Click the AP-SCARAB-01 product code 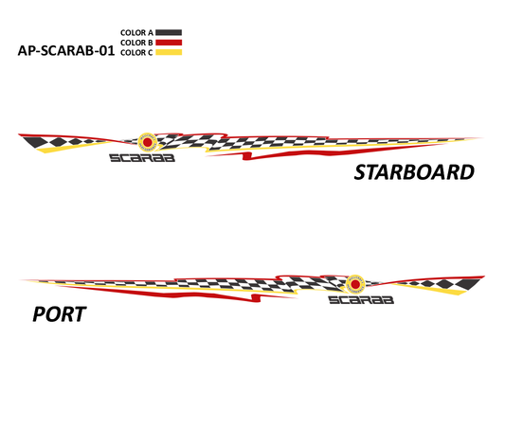(66, 51)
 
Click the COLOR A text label (136, 32)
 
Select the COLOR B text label (136, 43)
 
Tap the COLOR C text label (136, 52)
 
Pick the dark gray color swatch (169, 32)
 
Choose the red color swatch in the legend (169, 43)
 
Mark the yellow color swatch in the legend (169, 52)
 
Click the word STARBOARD (414, 172)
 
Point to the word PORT (60, 314)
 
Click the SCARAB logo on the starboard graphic (142, 158)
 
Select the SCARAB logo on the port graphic (361, 300)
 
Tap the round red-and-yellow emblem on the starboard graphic (148, 142)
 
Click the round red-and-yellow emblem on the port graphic (355, 284)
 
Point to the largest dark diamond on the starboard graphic (36, 142)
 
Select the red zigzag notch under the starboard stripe (246, 156)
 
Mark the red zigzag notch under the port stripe (256, 298)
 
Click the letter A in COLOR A (151, 32)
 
